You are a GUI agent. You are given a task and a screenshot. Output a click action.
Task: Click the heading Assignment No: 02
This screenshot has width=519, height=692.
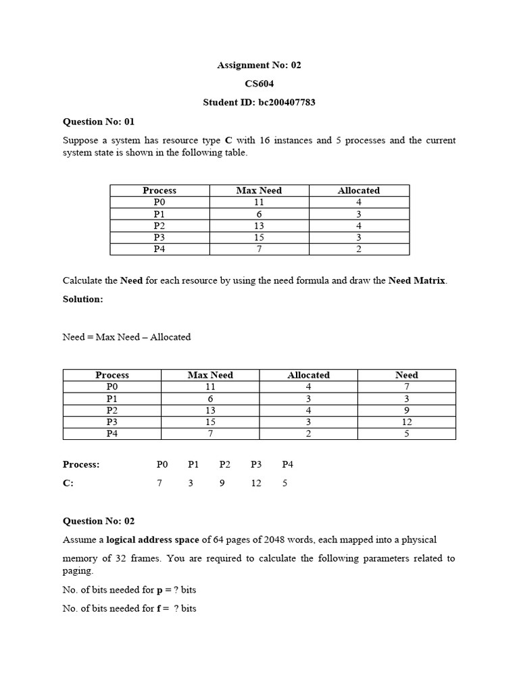(x=259, y=66)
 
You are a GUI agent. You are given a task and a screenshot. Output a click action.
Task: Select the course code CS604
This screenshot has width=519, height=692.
(x=259, y=84)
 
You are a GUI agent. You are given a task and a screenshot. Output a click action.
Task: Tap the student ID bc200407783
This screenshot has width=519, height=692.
(x=259, y=103)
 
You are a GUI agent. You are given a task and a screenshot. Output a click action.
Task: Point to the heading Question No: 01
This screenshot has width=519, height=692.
(x=99, y=122)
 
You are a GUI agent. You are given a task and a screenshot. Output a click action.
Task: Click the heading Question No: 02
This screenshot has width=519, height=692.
(x=99, y=521)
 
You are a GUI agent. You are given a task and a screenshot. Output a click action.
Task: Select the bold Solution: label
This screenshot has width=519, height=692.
(x=83, y=299)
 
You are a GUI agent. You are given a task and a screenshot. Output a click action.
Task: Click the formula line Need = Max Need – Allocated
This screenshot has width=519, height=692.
(x=126, y=337)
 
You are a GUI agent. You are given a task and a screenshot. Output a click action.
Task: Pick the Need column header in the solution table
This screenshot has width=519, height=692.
(x=406, y=375)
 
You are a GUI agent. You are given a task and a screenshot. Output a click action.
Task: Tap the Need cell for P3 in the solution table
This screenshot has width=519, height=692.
(x=406, y=422)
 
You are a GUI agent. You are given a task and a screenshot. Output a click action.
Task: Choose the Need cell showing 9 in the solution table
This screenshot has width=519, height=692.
(x=406, y=410)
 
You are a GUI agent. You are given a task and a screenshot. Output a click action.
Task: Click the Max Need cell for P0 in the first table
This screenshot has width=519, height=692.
(x=259, y=202)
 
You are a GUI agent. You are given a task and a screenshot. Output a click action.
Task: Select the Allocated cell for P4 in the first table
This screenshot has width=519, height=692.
(x=358, y=249)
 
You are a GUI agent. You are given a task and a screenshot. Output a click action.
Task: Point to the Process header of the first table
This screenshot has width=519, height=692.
(x=159, y=191)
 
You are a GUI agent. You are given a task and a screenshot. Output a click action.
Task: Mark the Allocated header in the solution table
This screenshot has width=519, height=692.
(x=308, y=375)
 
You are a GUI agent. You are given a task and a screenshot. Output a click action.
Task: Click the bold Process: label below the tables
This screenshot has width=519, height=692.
(x=81, y=464)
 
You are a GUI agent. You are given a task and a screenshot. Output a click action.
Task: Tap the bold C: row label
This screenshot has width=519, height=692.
(x=68, y=483)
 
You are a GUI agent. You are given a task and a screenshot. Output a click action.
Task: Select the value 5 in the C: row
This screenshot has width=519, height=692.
(x=285, y=483)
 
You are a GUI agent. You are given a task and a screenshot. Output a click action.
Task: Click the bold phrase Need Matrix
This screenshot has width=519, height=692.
(x=417, y=280)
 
